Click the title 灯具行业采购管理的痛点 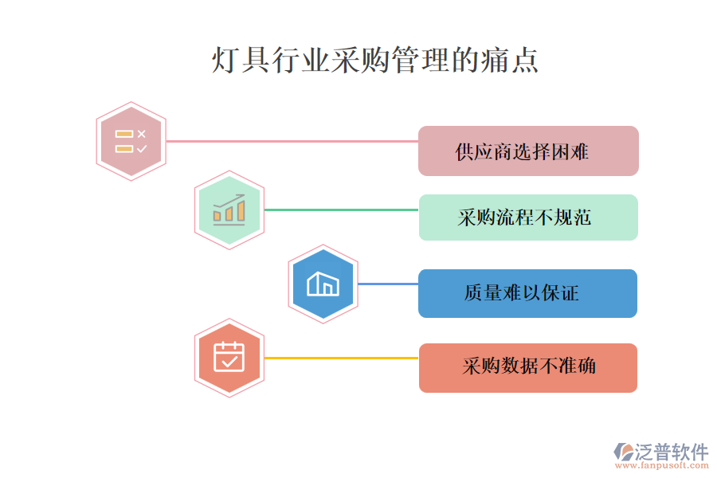coord(374,61)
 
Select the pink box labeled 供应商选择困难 coord(528,151)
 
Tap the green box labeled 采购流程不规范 coord(528,217)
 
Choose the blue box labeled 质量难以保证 coord(527,293)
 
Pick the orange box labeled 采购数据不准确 coord(527,367)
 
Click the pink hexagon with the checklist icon coord(131,141)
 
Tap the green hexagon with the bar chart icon coord(229,210)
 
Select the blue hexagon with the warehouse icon coord(323,284)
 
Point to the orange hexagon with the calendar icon coord(229,358)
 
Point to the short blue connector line coord(388,284)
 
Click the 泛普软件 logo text coord(672,452)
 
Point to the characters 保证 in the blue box coord(566,293)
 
